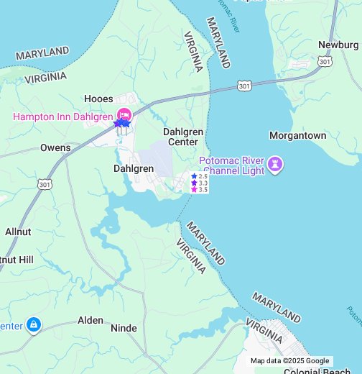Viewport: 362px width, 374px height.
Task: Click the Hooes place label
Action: coord(98,99)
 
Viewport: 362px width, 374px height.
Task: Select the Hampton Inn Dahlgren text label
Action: coord(63,117)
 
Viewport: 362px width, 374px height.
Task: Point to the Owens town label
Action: coord(55,148)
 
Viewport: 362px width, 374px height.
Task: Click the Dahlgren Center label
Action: coord(183,137)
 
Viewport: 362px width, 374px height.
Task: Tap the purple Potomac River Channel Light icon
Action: coord(274,165)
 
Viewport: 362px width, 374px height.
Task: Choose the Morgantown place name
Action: coord(297,135)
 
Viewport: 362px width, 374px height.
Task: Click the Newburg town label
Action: coord(338,45)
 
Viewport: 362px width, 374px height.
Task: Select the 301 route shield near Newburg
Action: coord(325,61)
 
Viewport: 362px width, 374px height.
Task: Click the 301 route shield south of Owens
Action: coord(45,185)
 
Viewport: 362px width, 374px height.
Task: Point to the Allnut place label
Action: coord(18,232)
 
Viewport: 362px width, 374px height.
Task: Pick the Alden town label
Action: coord(90,320)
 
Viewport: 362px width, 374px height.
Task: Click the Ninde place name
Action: coord(124,328)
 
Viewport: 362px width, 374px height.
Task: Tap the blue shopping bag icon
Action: coord(33,326)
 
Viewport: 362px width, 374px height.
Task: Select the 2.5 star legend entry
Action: coord(199,176)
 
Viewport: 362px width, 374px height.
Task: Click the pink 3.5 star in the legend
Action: coord(194,190)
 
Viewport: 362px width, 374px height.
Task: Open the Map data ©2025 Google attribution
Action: coord(289,361)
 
